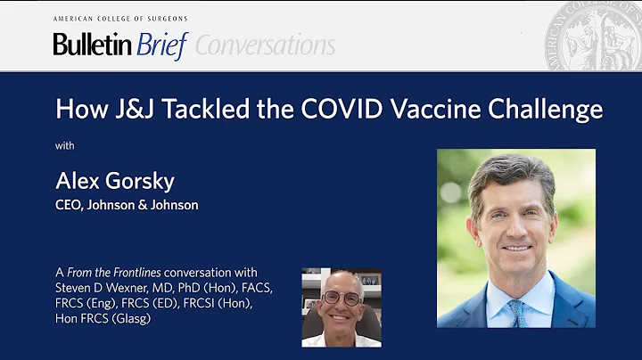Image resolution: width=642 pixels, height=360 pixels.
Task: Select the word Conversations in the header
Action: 266,45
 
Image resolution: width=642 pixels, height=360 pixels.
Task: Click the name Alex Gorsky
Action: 114,181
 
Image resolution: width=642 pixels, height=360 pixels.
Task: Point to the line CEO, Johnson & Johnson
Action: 127,205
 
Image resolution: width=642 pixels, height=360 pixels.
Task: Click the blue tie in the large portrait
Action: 518,311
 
